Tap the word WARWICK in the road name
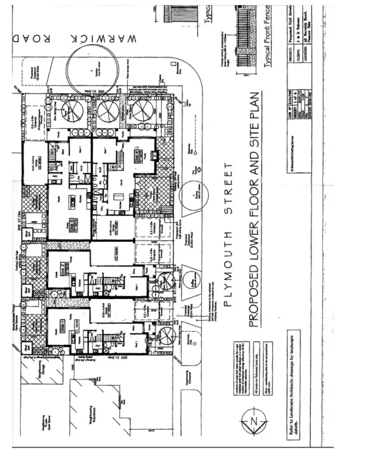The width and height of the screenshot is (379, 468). tap(104, 38)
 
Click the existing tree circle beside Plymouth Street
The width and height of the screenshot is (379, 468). tap(193, 194)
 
